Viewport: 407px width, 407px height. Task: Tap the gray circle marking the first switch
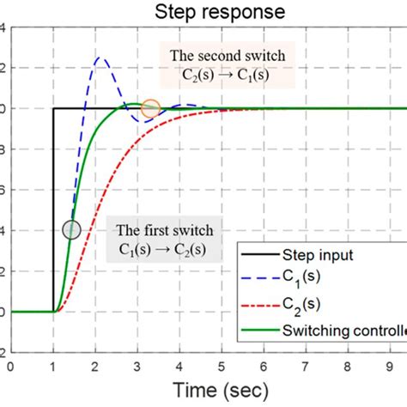tap(72, 229)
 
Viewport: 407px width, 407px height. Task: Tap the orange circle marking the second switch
tap(150, 108)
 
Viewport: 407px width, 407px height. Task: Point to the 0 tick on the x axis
tap(11, 366)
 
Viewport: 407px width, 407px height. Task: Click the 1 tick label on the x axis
tap(53, 366)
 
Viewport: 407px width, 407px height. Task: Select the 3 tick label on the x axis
tap(137, 366)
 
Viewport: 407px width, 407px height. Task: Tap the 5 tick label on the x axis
tap(222, 366)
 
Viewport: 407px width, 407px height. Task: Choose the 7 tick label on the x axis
tap(306, 366)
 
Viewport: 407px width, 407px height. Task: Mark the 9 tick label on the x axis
tap(390, 366)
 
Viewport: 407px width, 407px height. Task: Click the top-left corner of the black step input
tap(54, 108)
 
